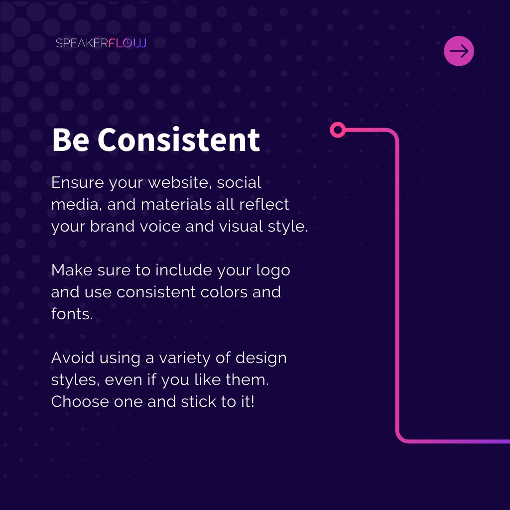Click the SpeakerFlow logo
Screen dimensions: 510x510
point(101,43)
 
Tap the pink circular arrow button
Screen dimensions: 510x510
point(459,51)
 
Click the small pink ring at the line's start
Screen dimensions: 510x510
point(338,130)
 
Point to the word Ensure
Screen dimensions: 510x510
point(78,183)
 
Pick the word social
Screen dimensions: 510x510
point(239,183)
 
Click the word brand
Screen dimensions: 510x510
point(113,227)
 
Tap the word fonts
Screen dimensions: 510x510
point(71,314)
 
